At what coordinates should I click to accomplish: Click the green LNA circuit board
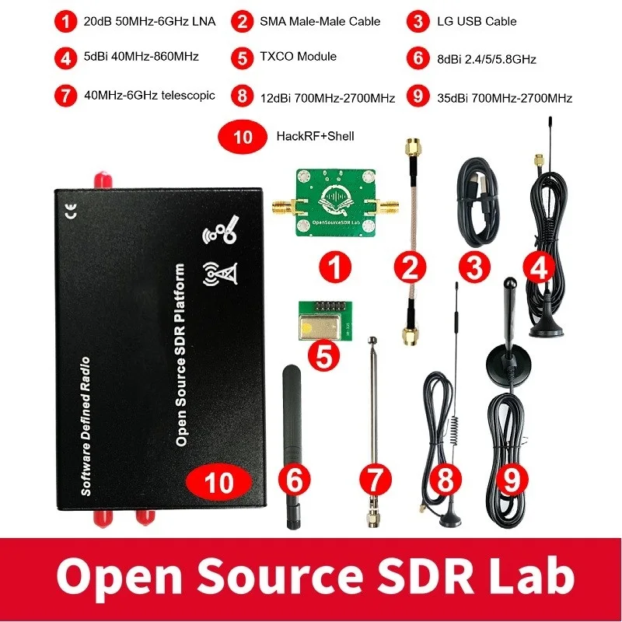pos(337,206)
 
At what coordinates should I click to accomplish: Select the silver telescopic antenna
pos(375,420)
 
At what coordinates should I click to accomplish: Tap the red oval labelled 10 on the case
pos(219,482)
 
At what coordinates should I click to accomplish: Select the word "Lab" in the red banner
pos(535,576)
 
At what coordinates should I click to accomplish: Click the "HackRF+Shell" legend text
pos(315,136)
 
